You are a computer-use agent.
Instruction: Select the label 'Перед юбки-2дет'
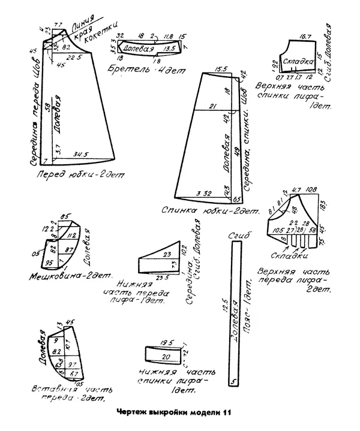(79, 175)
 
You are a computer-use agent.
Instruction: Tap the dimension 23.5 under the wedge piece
(161, 278)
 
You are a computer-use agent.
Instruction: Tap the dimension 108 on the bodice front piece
(311, 191)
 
